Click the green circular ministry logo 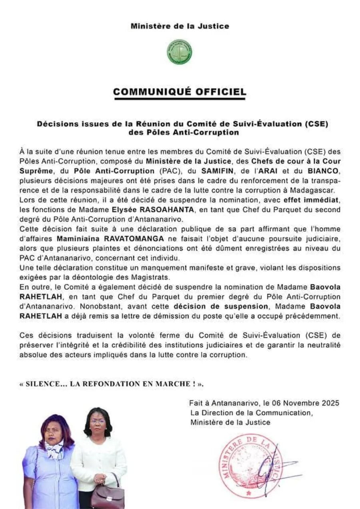[x=180, y=52]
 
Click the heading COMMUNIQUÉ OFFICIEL [x=180, y=92]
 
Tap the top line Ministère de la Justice [x=180, y=26]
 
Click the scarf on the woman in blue [x=55, y=449]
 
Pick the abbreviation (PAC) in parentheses [x=174, y=171]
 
